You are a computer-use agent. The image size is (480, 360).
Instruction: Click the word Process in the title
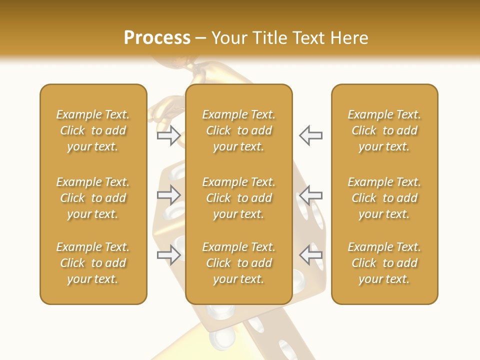[x=157, y=38]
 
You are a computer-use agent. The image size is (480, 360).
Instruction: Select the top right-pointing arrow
[x=169, y=135]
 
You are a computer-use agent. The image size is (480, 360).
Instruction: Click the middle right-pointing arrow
[x=169, y=195]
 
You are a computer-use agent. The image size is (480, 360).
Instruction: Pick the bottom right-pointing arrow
[x=169, y=255]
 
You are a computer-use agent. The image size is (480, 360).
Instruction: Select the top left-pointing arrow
[x=311, y=135]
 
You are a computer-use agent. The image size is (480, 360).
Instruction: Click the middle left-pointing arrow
[x=311, y=195]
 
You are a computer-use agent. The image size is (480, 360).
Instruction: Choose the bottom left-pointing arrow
[x=311, y=255]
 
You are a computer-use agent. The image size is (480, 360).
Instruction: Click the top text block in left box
[x=93, y=130]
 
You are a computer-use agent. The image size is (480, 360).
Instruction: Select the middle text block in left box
[x=93, y=198]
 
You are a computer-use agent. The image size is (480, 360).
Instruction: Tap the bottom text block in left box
[x=93, y=263]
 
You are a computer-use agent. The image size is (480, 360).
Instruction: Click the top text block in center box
[x=239, y=130]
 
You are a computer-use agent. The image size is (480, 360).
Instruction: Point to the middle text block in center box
[x=239, y=198]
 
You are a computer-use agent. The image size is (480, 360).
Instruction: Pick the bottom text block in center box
[x=239, y=263]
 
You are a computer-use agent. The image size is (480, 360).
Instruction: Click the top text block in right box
[x=384, y=130]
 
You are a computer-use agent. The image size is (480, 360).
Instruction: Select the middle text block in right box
[x=384, y=198]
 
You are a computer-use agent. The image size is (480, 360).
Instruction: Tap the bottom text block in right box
[x=384, y=263]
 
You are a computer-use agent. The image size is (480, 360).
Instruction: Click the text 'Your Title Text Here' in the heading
[x=290, y=38]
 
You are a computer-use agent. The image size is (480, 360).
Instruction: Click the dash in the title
[x=201, y=38]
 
